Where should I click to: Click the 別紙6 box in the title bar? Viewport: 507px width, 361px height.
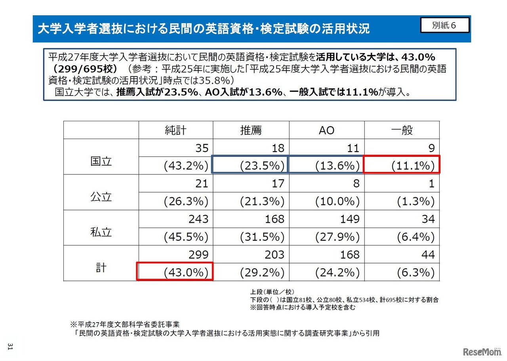point(444,25)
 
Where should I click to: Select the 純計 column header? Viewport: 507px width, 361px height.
point(175,130)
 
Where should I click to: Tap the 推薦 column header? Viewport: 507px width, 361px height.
point(251,130)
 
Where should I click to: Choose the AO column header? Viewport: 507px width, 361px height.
point(326,130)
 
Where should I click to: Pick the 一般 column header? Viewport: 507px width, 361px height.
point(402,130)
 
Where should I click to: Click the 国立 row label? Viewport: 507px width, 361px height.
point(101,161)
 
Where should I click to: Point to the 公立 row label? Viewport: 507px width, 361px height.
point(101,197)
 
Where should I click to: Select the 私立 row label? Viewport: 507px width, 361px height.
point(101,232)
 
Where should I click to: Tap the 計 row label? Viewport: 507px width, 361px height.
point(101,267)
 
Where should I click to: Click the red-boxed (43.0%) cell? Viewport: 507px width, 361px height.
point(175,272)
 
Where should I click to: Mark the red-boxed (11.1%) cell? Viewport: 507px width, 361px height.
point(402,166)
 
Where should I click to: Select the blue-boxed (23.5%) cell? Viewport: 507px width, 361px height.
point(251,166)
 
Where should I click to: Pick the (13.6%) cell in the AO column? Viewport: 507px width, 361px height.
point(326,166)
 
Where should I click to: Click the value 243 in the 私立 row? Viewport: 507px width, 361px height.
point(198,219)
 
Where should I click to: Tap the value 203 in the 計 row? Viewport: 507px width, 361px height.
point(274,254)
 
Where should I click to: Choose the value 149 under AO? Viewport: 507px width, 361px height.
point(350,219)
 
